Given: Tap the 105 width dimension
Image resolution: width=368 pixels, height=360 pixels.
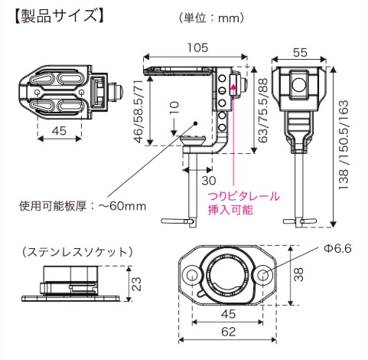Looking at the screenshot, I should pyautogui.click(x=199, y=47).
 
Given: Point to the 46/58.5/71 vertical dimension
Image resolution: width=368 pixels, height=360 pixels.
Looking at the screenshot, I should pyautogui.click(x=138, y=107).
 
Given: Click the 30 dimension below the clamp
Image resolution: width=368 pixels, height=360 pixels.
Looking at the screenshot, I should pyautogui.click(x=207, y=181).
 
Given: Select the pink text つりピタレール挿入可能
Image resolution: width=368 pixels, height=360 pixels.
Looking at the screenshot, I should pyautogui.click(x=244, y=202).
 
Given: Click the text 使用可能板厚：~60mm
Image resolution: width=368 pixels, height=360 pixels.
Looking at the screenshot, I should pyautogui.click(x=82, y=205).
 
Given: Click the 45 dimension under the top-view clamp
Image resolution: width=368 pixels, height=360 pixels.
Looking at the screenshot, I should pyautogui.click(x=58, y=130).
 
